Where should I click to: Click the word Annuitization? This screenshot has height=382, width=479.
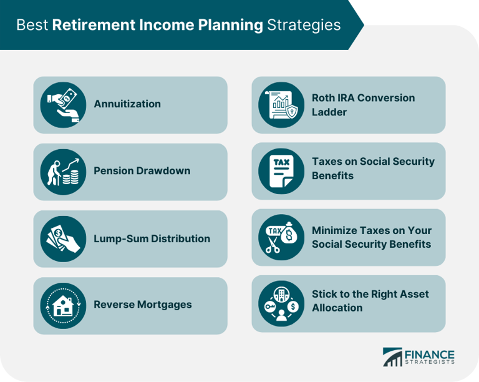(127, 104)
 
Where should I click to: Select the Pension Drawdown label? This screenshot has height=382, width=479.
(142, 171)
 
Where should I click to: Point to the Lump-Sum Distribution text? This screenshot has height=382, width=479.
(152, 238)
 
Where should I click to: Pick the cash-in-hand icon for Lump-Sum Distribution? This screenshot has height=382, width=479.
(63, 238)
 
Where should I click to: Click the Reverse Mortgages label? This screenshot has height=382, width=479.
(143, 305)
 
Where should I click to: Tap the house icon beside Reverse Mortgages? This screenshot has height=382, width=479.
(63, 305)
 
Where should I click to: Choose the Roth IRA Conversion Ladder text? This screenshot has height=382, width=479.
(363, 105)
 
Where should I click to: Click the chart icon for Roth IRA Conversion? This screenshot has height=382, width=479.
(281, 105)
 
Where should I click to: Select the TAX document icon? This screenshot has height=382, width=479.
(281, 171)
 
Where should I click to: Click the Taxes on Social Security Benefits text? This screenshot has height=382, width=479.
(373, 169)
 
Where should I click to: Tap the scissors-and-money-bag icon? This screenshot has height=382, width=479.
(281, 237)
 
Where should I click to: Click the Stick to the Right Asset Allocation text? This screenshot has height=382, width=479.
(370, 301)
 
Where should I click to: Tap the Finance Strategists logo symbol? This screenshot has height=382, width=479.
(393, 357)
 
